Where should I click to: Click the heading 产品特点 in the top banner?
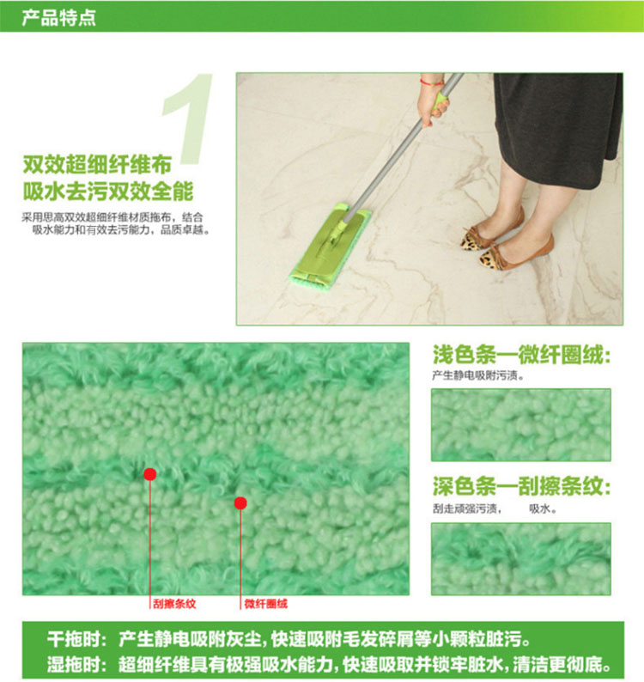[58, 17]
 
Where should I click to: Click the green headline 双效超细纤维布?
[97, 164]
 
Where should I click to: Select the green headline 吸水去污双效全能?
[108, 192]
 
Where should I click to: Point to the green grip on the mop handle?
[440, 100]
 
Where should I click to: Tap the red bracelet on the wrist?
[431, 82]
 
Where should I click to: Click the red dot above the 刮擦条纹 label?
[150, 474]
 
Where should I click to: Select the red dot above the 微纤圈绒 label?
[240, 503]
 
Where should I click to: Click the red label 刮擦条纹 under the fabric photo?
[174, 604]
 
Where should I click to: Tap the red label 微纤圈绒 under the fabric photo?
[265, 604]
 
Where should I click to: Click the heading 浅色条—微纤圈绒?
[522, 355]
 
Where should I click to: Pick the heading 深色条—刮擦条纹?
[522, 486]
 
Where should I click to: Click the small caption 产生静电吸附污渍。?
[478, 375]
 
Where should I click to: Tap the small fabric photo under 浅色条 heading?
[521, 425]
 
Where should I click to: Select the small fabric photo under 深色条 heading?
[521, 559]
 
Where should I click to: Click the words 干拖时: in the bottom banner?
[77, 640]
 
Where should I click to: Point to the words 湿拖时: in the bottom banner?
[77, 665]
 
